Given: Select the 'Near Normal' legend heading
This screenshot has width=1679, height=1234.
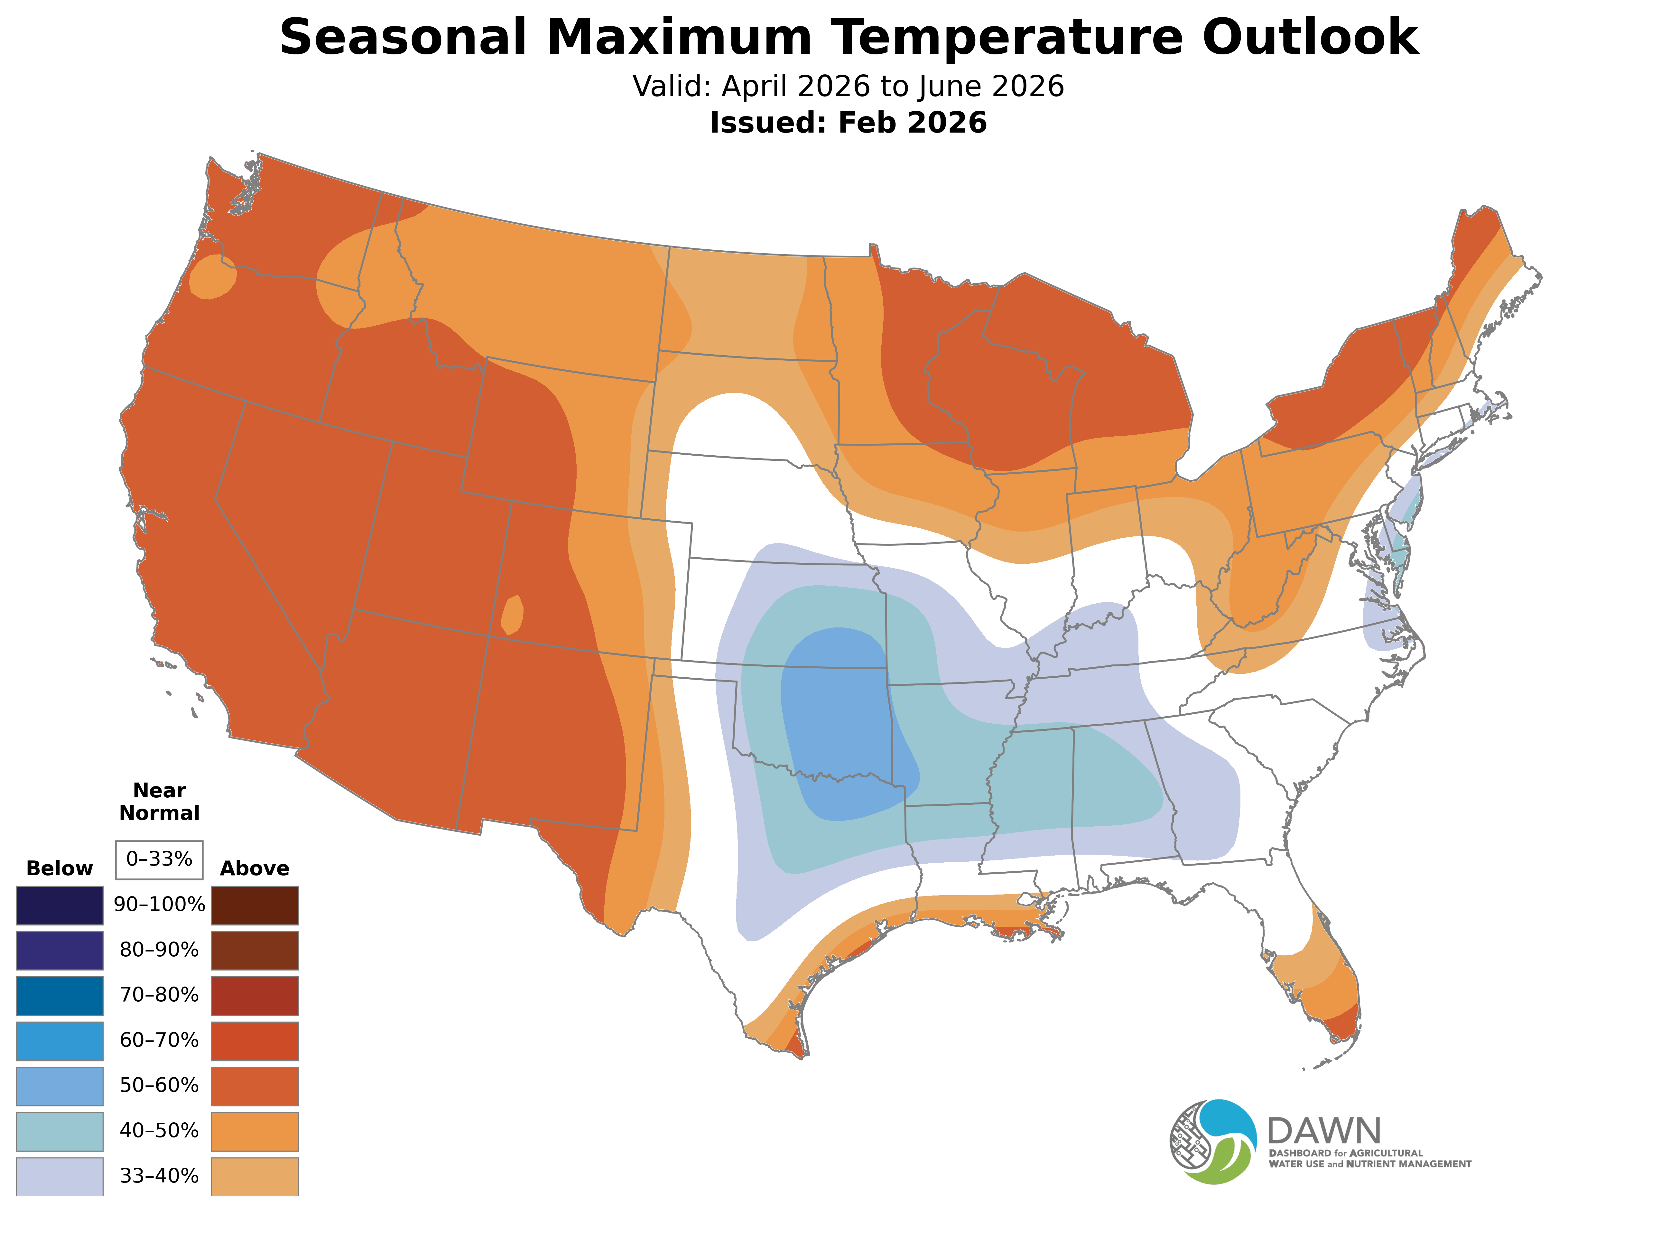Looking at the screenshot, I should (x=159, y=802).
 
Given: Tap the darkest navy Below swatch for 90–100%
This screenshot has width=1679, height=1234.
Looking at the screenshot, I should (x=60, y=905).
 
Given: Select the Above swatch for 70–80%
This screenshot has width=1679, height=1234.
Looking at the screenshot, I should (x=255, y=996).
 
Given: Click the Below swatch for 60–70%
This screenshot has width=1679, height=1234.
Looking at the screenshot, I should (x=60, y=1041).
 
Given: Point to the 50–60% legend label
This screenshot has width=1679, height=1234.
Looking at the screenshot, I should (x=159, y=1085).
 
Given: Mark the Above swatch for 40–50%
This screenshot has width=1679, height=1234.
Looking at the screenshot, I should (x=255, y=1131).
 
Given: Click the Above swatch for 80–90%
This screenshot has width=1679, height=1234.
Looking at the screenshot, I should (x=255, y=950).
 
